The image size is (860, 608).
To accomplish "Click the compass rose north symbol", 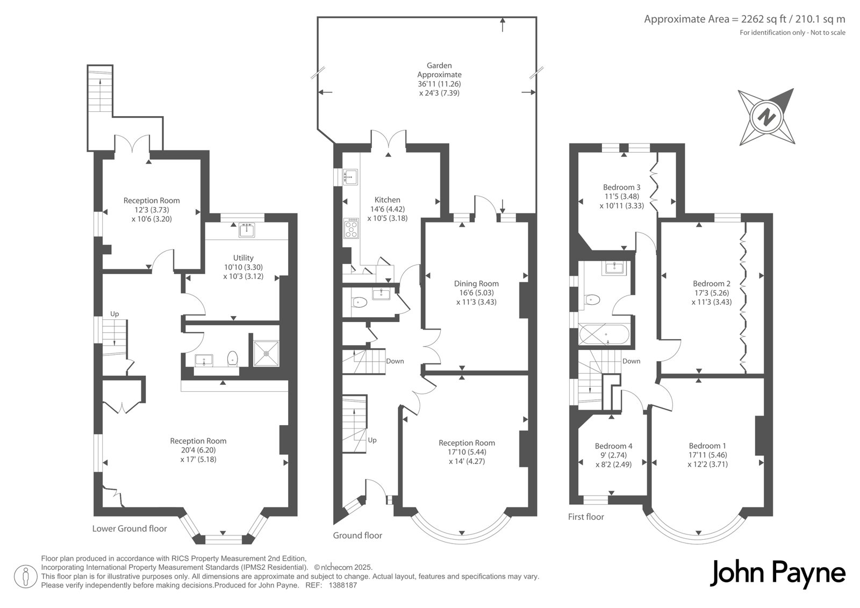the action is (766, 116).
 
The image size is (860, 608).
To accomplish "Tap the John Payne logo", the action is (777, 574).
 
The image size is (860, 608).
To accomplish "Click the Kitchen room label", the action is (388, 200).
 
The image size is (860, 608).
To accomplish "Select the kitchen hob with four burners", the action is (351, 228).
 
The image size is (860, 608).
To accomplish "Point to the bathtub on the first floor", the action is (604, 335).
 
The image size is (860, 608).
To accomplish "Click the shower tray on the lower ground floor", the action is (266, 353).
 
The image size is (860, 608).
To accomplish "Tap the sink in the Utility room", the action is (247, 230).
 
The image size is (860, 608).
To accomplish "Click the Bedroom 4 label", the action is (613, 446).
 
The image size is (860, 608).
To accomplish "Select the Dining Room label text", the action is (476, 283).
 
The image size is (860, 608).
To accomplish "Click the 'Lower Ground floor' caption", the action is (130, 528).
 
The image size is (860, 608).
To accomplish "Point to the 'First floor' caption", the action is (586, 517).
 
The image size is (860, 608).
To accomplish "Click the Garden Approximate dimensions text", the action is (439, 79).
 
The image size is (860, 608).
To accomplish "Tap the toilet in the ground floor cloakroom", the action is (360, 303).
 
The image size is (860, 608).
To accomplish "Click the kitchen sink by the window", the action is (350, 177).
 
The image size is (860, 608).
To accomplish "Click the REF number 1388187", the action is (343, 585).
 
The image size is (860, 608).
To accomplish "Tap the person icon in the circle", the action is (26, 576).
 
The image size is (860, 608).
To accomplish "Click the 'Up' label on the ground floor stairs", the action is (372, 440).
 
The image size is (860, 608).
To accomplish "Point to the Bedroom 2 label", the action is (712, 283).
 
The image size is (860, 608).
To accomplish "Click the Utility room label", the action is (243, 257).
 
